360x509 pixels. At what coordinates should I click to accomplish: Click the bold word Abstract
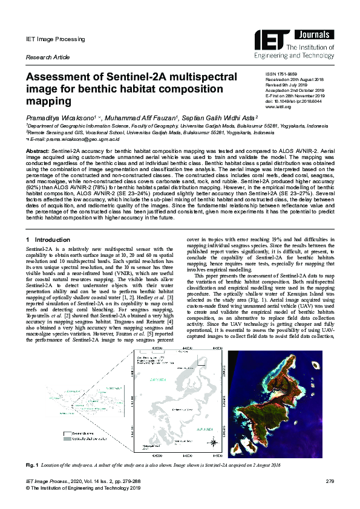[37, 148]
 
